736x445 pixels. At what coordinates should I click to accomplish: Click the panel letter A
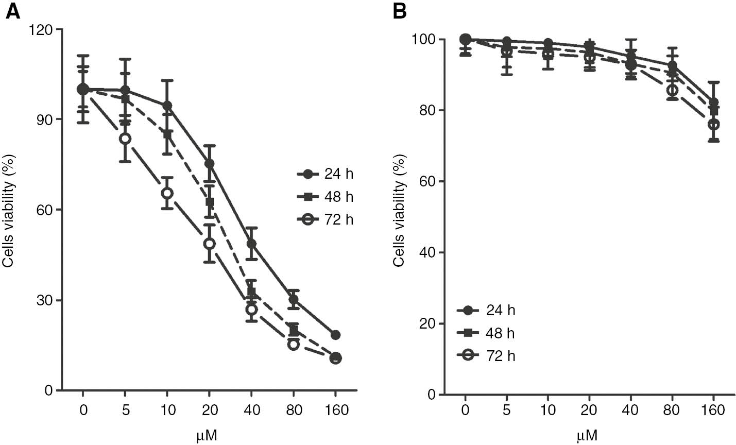12,11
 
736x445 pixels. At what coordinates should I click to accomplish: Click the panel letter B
400,11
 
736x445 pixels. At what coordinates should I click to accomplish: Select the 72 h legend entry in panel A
326,219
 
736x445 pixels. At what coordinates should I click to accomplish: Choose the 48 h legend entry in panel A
326,197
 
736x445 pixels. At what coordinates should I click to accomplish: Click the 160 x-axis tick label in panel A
335,410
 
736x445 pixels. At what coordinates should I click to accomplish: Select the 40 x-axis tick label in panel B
630,410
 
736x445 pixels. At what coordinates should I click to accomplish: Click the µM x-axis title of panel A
207,436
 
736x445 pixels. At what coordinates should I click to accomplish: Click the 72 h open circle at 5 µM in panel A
125,139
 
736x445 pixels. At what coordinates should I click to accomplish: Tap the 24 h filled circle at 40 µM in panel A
251,244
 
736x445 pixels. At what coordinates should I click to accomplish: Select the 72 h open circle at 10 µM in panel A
167,193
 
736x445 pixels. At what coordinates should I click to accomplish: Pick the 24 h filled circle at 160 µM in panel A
335,335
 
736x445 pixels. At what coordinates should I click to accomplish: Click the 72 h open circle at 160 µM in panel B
713,124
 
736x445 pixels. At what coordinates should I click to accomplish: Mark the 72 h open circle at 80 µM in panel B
672,90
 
